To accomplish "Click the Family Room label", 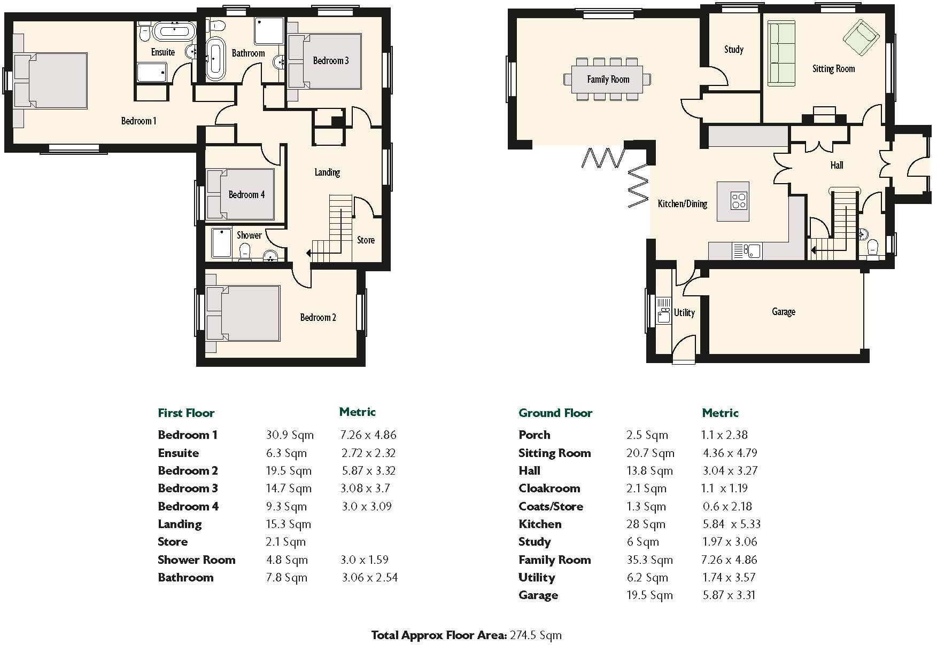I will (x=608, y=80).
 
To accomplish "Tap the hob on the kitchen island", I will (x=739, y=201).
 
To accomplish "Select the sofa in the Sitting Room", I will (x=781, y=53).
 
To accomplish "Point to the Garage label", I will (x=783, y=311).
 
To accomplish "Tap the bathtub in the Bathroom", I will (x=215, y=58).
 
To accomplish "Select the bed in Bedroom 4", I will (x=241, y=194).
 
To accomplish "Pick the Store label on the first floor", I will (x=366, y=240).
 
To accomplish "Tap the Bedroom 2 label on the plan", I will (x=318, y=318).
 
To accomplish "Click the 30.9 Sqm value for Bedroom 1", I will (x=290, y=435).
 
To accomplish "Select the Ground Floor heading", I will (x=555, y=413).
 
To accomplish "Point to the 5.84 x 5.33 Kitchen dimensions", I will (x=731, y=524).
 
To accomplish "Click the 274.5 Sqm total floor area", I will (x=536, y=635).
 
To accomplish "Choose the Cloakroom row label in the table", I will (x=549, y=489).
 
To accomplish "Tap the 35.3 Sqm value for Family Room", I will (x=649, y=560).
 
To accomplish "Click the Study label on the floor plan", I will (x=733, y=50).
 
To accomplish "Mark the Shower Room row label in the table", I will (x=196, y=560).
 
